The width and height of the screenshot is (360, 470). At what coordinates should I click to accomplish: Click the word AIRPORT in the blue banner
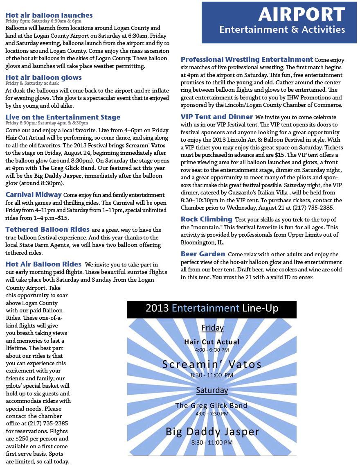pyautogui.click(x=301, y=15)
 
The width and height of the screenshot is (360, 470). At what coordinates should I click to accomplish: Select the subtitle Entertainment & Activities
pyautogui.click(x=282, y=29)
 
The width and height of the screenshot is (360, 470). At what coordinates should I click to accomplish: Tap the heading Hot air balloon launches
pyautogui.click(x=49, y=15)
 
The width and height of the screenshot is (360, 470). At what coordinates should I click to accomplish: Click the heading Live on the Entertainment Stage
pyautogui.click(x=63, y=117)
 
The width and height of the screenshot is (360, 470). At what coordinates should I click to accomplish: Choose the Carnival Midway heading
pyautogui.click(x=34, y=194)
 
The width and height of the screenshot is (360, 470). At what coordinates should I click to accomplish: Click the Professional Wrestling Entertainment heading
pyautogui.click(x=247, y=59)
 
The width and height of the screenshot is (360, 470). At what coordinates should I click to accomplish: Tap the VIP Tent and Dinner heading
pyautogui.click(x=217, y=117)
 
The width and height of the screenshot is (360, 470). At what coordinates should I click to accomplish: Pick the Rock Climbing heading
pyautogui.click(x=207, y=219)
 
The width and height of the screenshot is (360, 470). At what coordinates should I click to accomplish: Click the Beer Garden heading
pyautogui.click(x=203, y=254)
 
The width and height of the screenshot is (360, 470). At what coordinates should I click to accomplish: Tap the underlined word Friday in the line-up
pyautogui.click(x=212, y=328)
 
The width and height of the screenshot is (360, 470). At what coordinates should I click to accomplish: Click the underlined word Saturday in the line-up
pyautogui.click(x=211, y=390)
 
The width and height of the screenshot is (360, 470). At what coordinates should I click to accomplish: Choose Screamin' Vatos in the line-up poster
pyautogui.click(x=211, y=364)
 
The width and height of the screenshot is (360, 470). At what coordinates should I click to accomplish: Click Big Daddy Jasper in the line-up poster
pyautogui.click(x=212, y=432)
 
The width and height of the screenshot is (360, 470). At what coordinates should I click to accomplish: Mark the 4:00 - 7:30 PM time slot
pyautogui.click(x=211, y=414)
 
